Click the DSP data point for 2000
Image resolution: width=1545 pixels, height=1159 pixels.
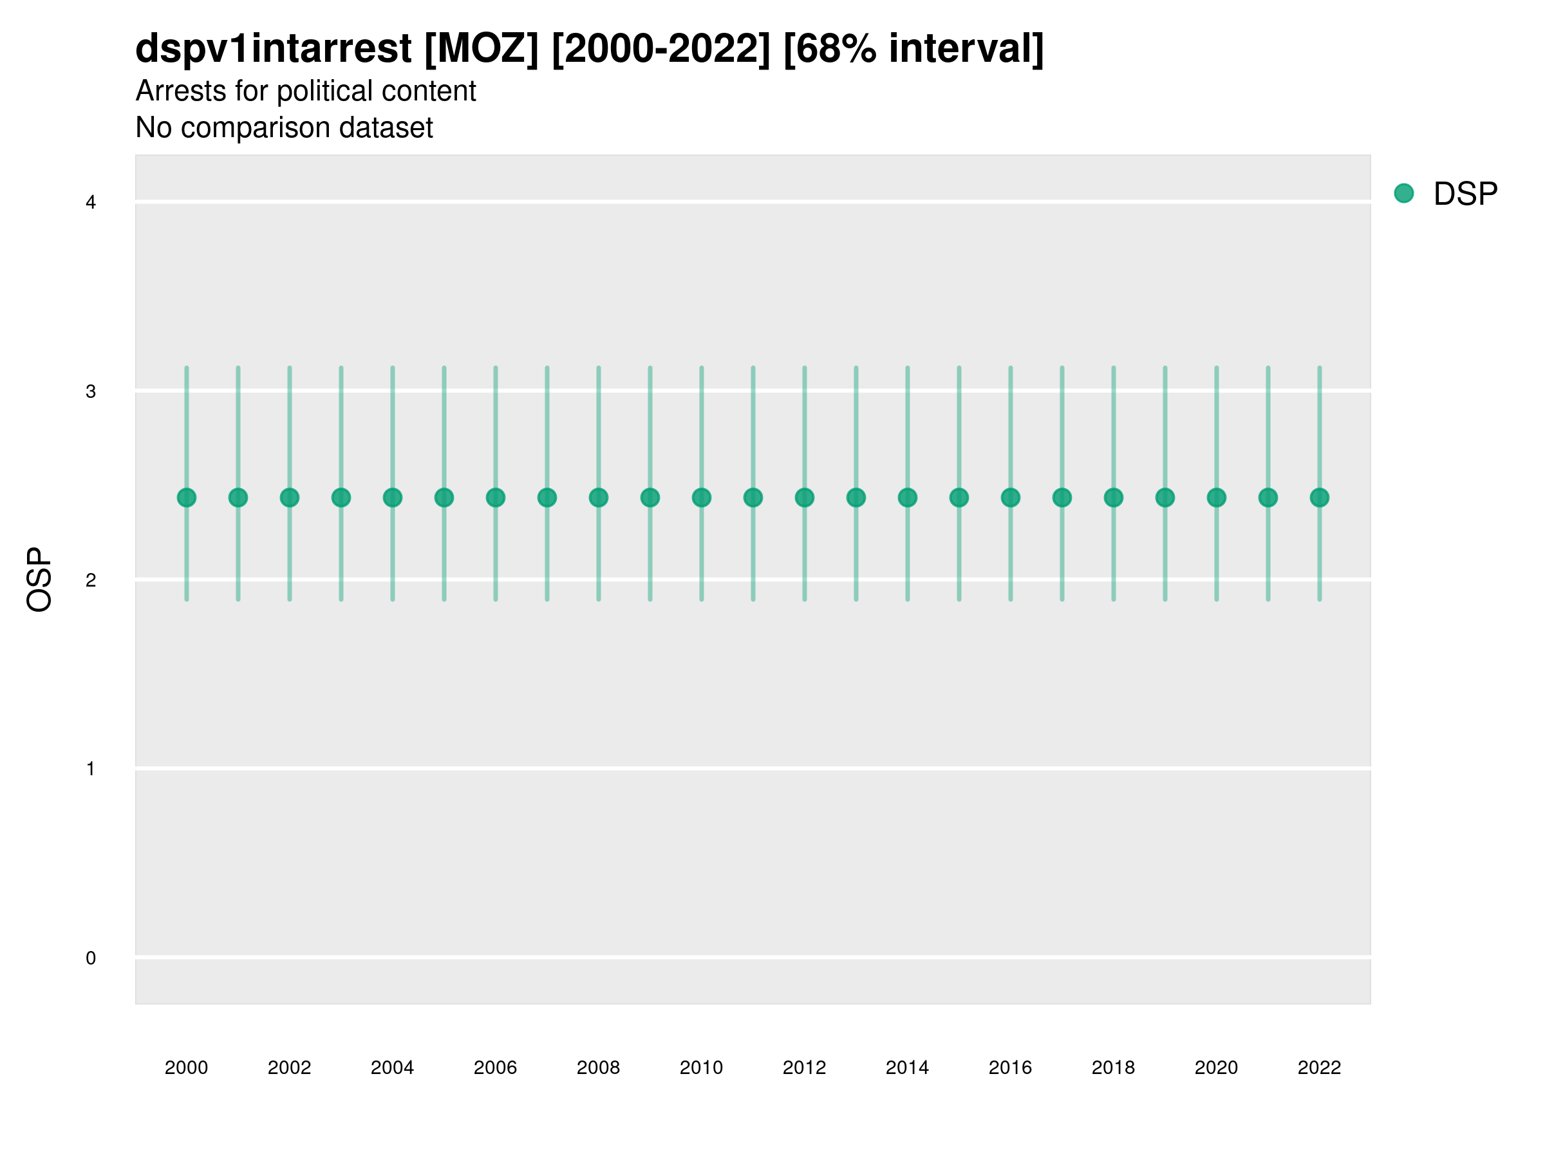pos(187,498)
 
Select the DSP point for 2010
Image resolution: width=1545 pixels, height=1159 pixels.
pos(701,498)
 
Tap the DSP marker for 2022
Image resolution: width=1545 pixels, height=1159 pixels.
pos(1320,498)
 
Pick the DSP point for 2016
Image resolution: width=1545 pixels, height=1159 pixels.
pos(1011,498)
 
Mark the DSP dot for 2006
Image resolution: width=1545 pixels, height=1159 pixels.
pos(495,498)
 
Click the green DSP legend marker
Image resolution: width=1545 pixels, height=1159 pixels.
pos(1403,194)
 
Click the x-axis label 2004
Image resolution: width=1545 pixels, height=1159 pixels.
pos(392,1068)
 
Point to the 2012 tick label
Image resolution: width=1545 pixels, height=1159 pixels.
pos(804,1068)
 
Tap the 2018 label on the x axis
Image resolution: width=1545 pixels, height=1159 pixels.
pos(1112,1068)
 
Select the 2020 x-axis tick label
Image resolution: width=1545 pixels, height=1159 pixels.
pos(1216,1068)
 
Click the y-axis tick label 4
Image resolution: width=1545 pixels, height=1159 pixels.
pos(90,203)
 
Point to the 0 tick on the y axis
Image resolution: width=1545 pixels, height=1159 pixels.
pos(90,958)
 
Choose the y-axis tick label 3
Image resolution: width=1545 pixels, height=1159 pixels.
pos(90,391)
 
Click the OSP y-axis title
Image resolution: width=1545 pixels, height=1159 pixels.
pos(39,580)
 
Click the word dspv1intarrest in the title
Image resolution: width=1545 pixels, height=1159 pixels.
pos(273,48)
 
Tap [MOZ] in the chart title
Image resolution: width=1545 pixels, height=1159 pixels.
pos(482,48)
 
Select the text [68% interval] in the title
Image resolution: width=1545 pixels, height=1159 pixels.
pos(913,48)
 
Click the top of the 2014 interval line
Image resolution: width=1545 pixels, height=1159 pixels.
pos(907,368)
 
